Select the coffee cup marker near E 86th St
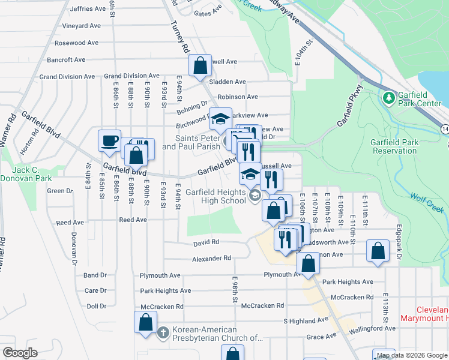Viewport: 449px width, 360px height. pyautogui.click(x=110, y=140)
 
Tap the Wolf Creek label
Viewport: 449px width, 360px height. pyautogui.click(x=426, y=202)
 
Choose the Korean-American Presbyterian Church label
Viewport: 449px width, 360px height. pyautogui.click(x=217, y=334)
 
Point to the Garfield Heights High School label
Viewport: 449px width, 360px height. pyautogui.click(x=215, y=196)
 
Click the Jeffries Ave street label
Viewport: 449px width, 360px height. pyautogui.click(x=88, y=9)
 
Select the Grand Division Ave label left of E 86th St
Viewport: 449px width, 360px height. pyautogui.click(x=67, y=77)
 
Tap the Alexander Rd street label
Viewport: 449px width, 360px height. pyautogui.click(x=211, y=258)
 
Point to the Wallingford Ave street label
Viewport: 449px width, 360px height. pyautogui.click(x=373, y=328)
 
